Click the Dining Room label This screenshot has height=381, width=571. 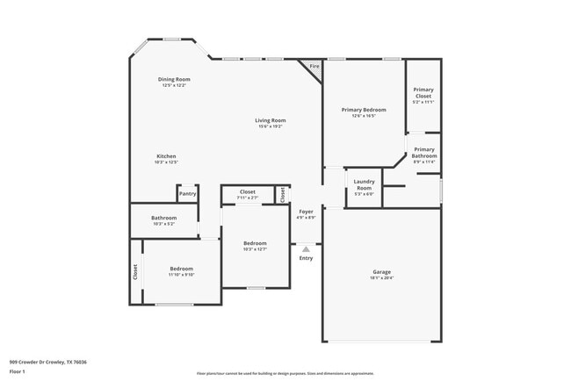pos(174,79)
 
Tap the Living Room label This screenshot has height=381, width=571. pos(271,120)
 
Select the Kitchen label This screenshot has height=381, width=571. pos(166,156)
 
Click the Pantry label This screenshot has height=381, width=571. pos(187,194)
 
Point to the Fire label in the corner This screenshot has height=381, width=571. pos(314,67)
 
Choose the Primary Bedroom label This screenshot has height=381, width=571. pos(364,110)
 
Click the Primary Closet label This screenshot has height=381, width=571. pos(423,91)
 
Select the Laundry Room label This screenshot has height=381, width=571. pos(364,183)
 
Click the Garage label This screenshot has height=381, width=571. pos(381,272)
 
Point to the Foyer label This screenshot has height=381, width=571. pos(306,212)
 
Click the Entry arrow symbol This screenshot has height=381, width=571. pos(306,249)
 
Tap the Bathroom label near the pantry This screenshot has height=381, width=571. pos(163,218)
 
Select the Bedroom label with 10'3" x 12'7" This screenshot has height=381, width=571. pos(255,243)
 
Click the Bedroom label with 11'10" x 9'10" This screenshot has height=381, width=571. pos(182,269)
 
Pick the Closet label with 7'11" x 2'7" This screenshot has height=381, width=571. pos(248,191)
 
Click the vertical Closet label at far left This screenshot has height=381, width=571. pos(135,272)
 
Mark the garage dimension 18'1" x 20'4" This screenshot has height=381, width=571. pos(381,278)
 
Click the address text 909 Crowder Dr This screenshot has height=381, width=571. pos(47,361)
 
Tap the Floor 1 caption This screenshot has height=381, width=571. pos(18,371)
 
